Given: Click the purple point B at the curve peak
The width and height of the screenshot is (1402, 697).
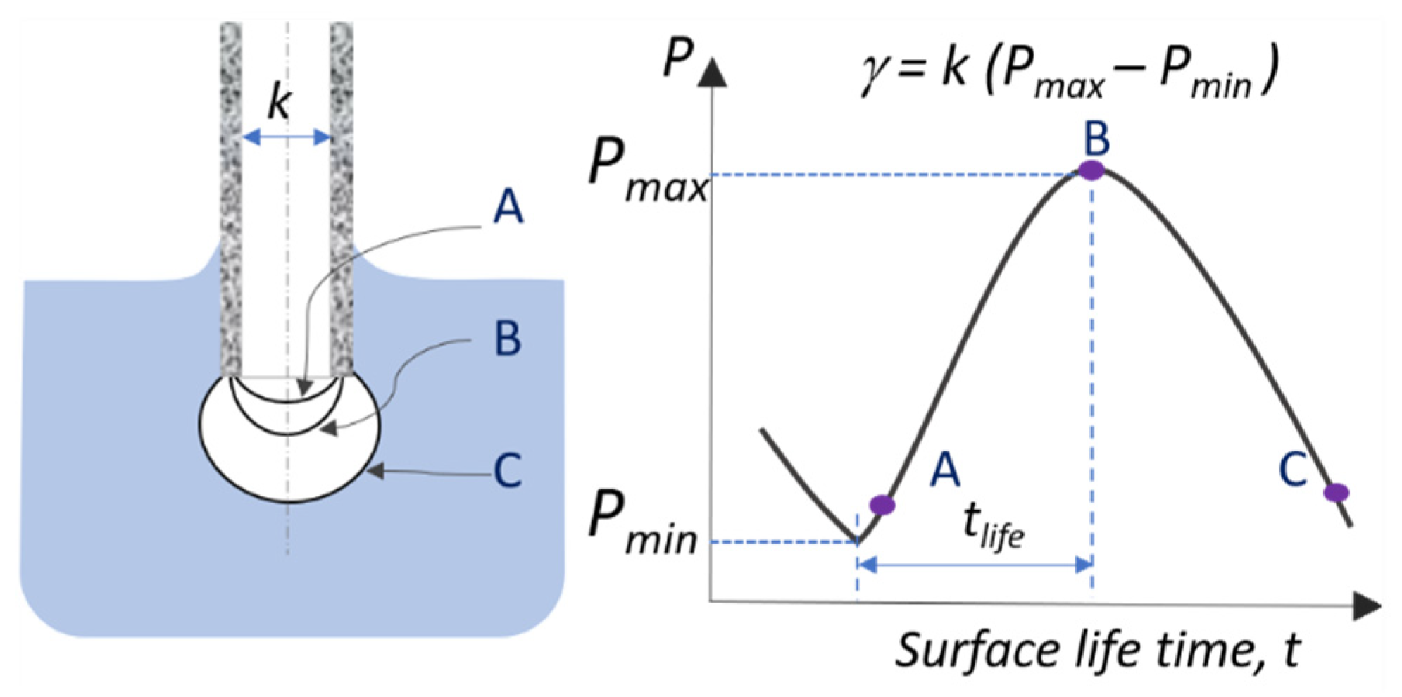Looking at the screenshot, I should (x=1091, y=170).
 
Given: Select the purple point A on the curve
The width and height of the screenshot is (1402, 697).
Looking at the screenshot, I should (x=882, y=505).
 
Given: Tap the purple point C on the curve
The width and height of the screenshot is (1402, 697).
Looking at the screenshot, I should (x=1336, y=492).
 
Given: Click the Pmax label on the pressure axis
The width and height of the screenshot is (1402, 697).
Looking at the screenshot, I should (x=646, y=171).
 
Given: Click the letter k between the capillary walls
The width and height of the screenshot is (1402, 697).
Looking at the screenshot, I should (x=280, y=103).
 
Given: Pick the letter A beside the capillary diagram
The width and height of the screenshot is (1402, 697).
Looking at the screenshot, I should (x=508, y=207).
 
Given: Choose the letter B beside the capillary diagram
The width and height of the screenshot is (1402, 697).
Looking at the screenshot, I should (x=508, y=339).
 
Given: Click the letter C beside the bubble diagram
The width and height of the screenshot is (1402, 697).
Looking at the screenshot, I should (x=508, y=470).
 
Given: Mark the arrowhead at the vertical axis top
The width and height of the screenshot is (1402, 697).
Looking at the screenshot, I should (x=713, y=73).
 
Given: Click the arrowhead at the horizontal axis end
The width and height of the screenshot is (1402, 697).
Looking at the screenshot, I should (x=1367, y=605).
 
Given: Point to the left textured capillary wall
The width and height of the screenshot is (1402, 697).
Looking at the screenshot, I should (x=231, y=197).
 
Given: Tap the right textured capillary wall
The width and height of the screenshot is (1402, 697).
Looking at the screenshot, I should (x=342, y=197).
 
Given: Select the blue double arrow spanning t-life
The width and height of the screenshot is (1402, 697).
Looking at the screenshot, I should (x=975, y=564).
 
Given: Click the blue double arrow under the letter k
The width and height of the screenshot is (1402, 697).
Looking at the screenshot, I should (x=286, y=137).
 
